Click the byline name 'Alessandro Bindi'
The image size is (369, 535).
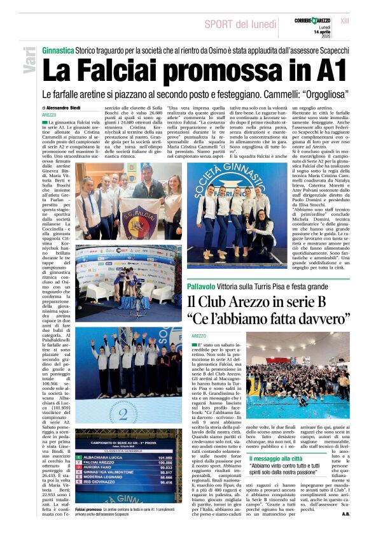coord(63,108)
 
